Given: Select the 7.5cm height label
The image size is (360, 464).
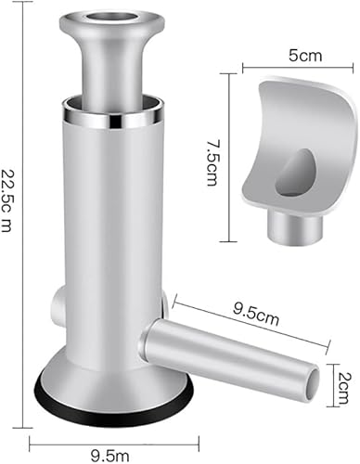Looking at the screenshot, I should point(215,151).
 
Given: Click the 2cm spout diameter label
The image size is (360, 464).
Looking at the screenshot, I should point(345,377).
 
